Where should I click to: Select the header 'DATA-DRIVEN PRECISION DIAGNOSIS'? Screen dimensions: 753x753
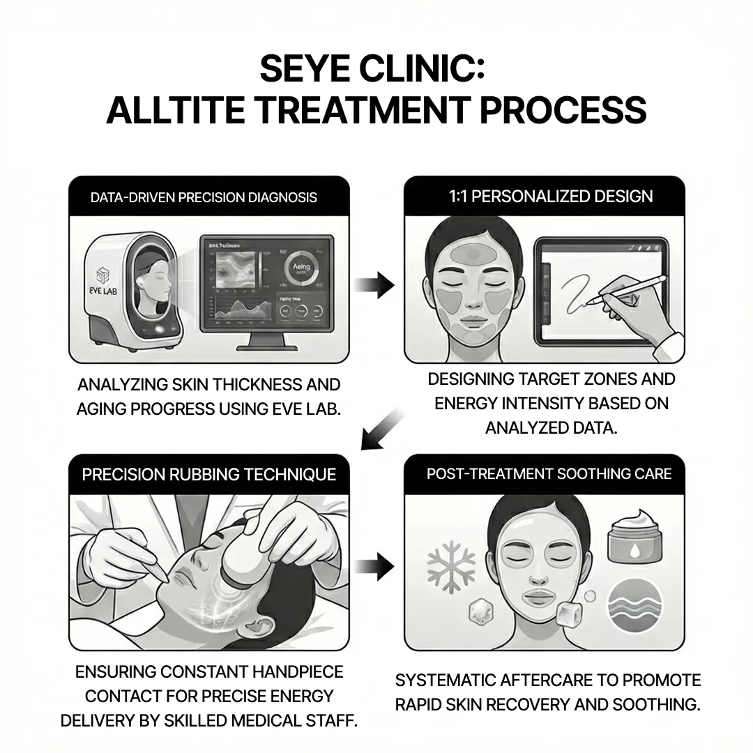[204, 197]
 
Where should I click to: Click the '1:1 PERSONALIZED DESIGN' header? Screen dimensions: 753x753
[550, 196]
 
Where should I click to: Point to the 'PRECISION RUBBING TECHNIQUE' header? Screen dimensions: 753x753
[208, 475]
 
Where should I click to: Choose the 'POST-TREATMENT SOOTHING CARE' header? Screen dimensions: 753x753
[549, 474]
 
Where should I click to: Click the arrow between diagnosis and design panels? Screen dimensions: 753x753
[376, 284]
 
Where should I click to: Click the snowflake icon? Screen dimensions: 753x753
[450, 563]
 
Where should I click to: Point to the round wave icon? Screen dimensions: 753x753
[632, 602]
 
